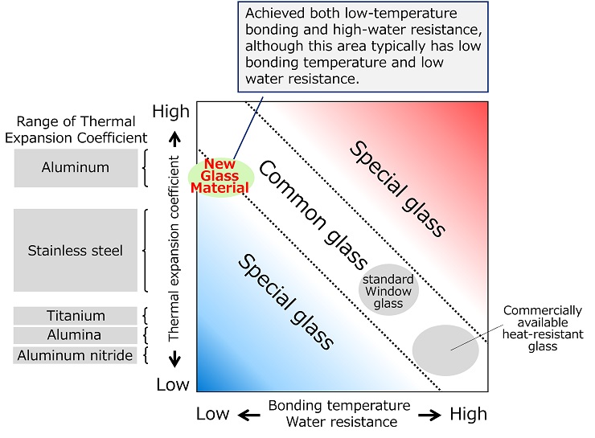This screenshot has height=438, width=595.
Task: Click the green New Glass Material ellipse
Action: (220, 177)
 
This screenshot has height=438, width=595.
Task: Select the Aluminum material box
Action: (76, 167)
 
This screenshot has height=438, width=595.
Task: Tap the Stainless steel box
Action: (76, 250)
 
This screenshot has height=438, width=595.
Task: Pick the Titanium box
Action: (76, 316)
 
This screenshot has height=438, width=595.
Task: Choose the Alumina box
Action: (76, 335)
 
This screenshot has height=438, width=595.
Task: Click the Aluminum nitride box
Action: (76, 354)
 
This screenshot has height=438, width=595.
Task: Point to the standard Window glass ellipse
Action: (388, 289)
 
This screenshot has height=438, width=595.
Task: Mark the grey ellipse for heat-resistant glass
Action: (445, 350)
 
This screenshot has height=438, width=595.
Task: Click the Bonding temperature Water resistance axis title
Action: (339, 413)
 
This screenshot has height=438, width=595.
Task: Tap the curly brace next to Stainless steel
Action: (145, 250)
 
